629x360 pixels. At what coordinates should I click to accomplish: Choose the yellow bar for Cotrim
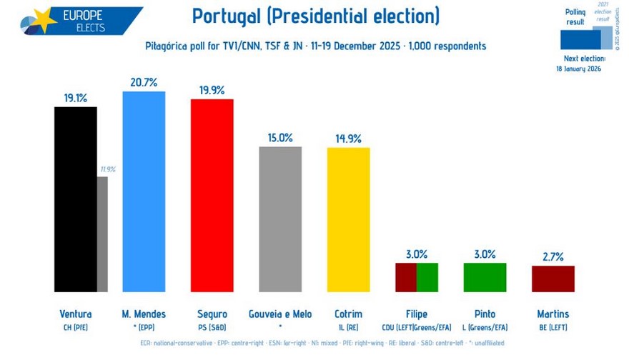348,219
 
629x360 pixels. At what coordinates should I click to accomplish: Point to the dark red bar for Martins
553,279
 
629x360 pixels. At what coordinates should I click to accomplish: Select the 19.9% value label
212,90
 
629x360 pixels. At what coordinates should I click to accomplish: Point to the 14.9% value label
348,139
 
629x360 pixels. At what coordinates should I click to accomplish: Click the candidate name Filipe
417,314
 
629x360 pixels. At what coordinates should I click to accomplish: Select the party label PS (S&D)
212,326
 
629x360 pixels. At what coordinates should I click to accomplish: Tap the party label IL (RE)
348,326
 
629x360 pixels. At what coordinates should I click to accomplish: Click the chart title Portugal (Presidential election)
316,16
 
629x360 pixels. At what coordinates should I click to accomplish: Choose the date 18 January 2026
580,69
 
